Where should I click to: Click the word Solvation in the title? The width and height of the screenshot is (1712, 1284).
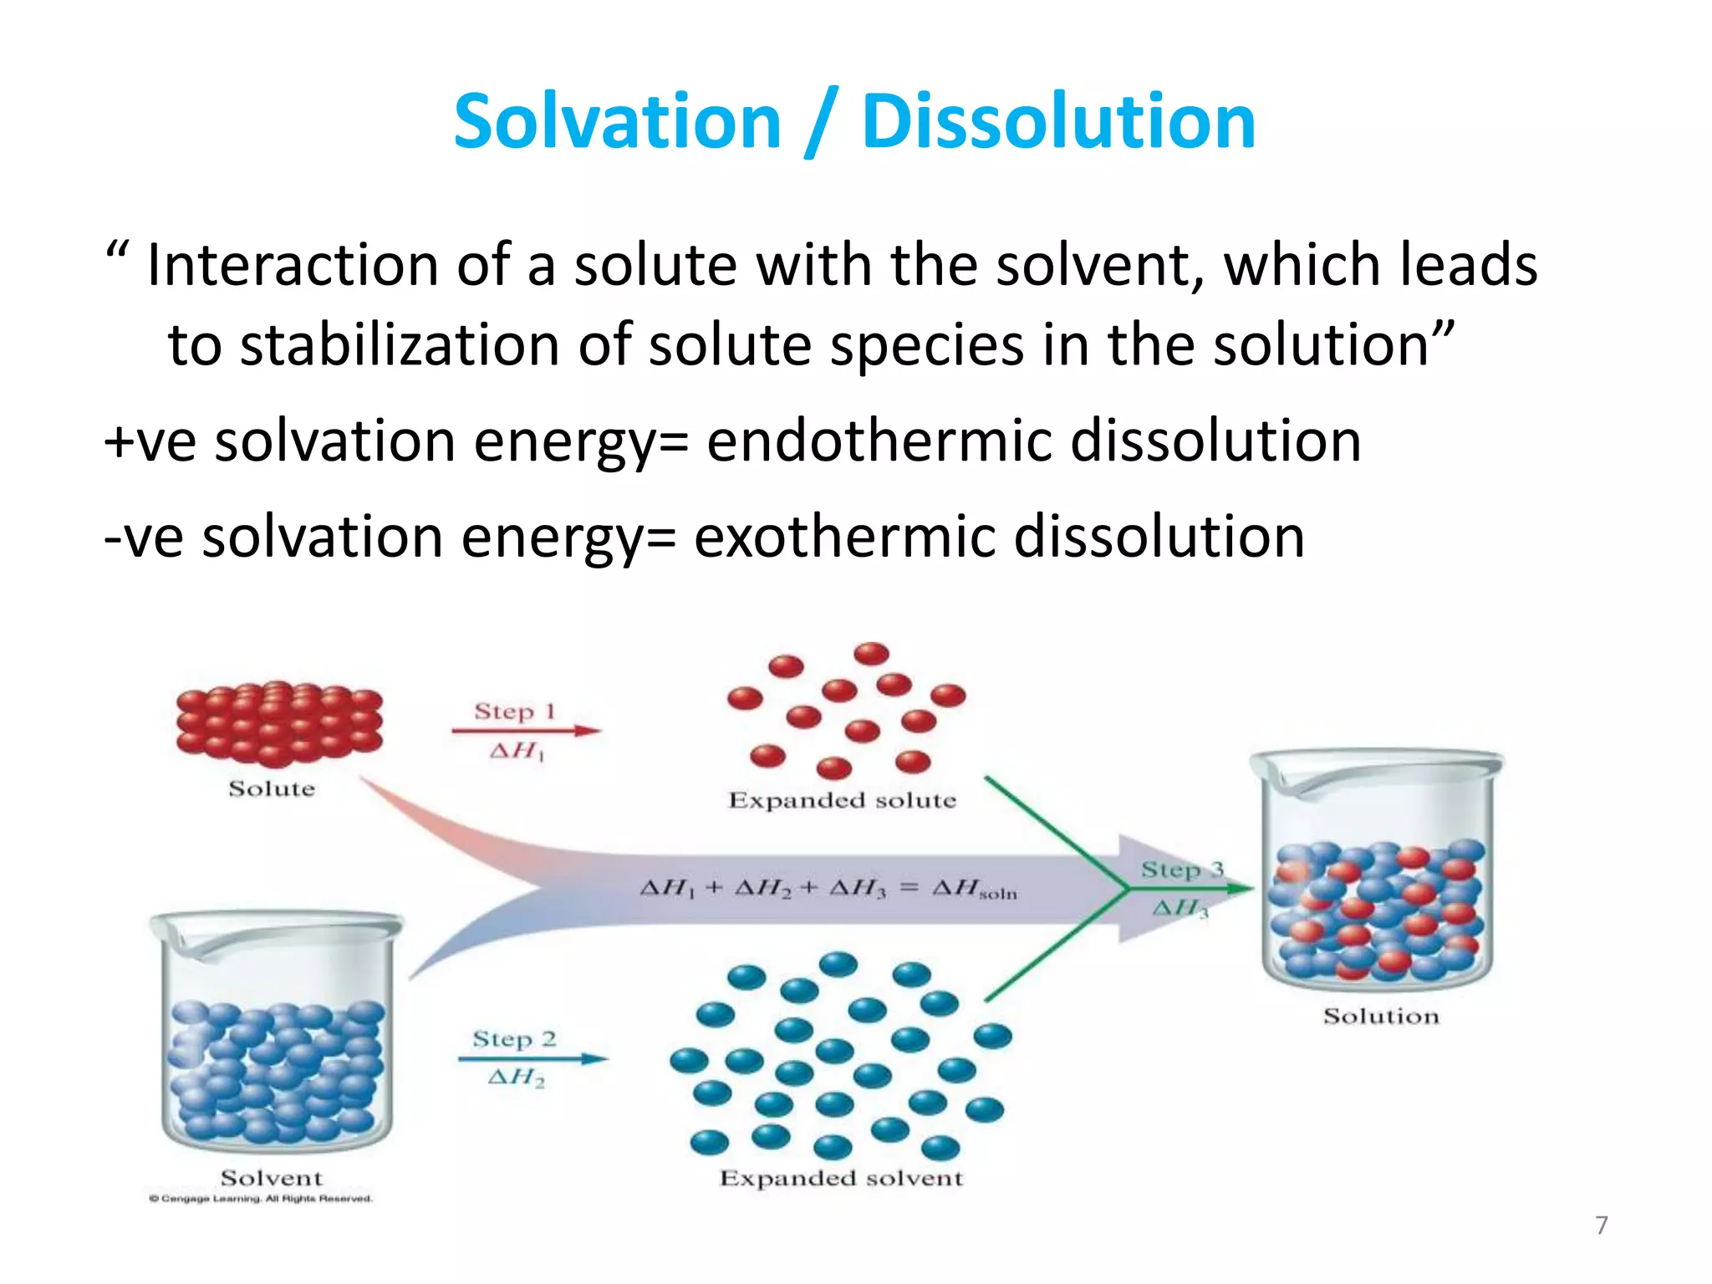click(x=617, y=122)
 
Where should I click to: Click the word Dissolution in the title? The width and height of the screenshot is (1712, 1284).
click(x=1058, y=122)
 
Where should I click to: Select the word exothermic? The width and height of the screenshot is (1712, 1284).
click(x=844, y=537)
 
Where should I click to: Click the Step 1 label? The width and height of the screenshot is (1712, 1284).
click(x=514, y=711)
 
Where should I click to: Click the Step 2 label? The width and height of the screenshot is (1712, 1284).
click(x=514, y=1039)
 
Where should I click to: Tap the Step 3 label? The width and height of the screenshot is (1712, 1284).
click(x=1181, y=869)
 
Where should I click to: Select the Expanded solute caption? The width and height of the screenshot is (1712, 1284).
click(x=842, y=800)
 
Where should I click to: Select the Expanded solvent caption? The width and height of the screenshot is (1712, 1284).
click(x=841, y=1178)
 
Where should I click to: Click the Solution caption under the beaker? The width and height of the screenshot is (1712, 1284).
click(x=1381, y=1016)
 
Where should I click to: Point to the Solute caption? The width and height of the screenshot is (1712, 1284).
click(x=272, y=788)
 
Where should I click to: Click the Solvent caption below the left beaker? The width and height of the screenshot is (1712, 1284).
click(x=271, y=1178)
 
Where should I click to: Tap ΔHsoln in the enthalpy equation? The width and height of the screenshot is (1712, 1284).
click(x=974, y=889)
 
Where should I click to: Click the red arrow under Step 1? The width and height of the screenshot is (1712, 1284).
click(x=526, y=731)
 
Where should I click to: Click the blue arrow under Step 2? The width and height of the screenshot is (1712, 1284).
click(x=532, y=1059)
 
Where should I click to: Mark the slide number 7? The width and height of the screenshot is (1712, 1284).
click(x=1601, y=1225)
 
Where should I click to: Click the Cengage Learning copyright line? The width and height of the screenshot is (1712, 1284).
click(x=261, y=1199)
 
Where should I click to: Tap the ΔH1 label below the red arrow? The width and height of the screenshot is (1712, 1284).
click(x=517, y=751)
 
